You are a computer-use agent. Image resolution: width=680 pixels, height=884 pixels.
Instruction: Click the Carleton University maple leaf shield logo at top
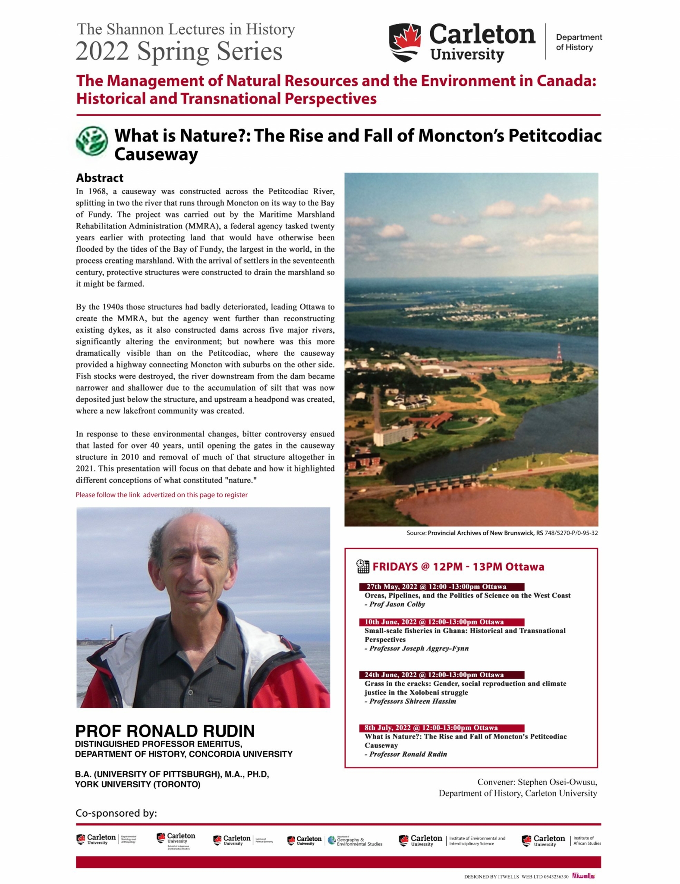click(x=405, y=42)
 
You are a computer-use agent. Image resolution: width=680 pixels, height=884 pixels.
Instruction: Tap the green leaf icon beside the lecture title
click(x=91, y=141)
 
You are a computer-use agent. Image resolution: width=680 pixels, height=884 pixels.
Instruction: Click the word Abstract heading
click(x=100, y=178)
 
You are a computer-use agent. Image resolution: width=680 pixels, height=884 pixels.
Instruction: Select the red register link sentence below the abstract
click(x=161, y=495)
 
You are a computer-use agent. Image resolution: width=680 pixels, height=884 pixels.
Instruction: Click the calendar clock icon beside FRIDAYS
click(x=363, y=566)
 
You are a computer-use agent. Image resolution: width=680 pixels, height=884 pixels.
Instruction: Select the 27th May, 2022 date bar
click(x=441, y=587)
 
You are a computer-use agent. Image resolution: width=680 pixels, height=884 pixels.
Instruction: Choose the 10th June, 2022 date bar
click(x=441, y=622)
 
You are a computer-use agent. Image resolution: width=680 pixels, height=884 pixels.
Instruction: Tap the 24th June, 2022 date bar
click(x=441, y=675)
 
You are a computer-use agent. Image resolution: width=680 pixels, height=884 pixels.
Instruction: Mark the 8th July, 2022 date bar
click(x=441, y=728)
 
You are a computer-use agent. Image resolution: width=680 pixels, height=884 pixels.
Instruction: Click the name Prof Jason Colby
click(x=397, y=604)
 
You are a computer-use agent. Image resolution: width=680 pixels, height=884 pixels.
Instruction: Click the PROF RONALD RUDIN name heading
click(x=165, y=731)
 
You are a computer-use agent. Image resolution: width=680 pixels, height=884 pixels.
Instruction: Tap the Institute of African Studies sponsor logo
click(x=561, y=840)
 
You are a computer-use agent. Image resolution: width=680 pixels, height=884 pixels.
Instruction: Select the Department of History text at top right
click(x=579, y=42)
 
